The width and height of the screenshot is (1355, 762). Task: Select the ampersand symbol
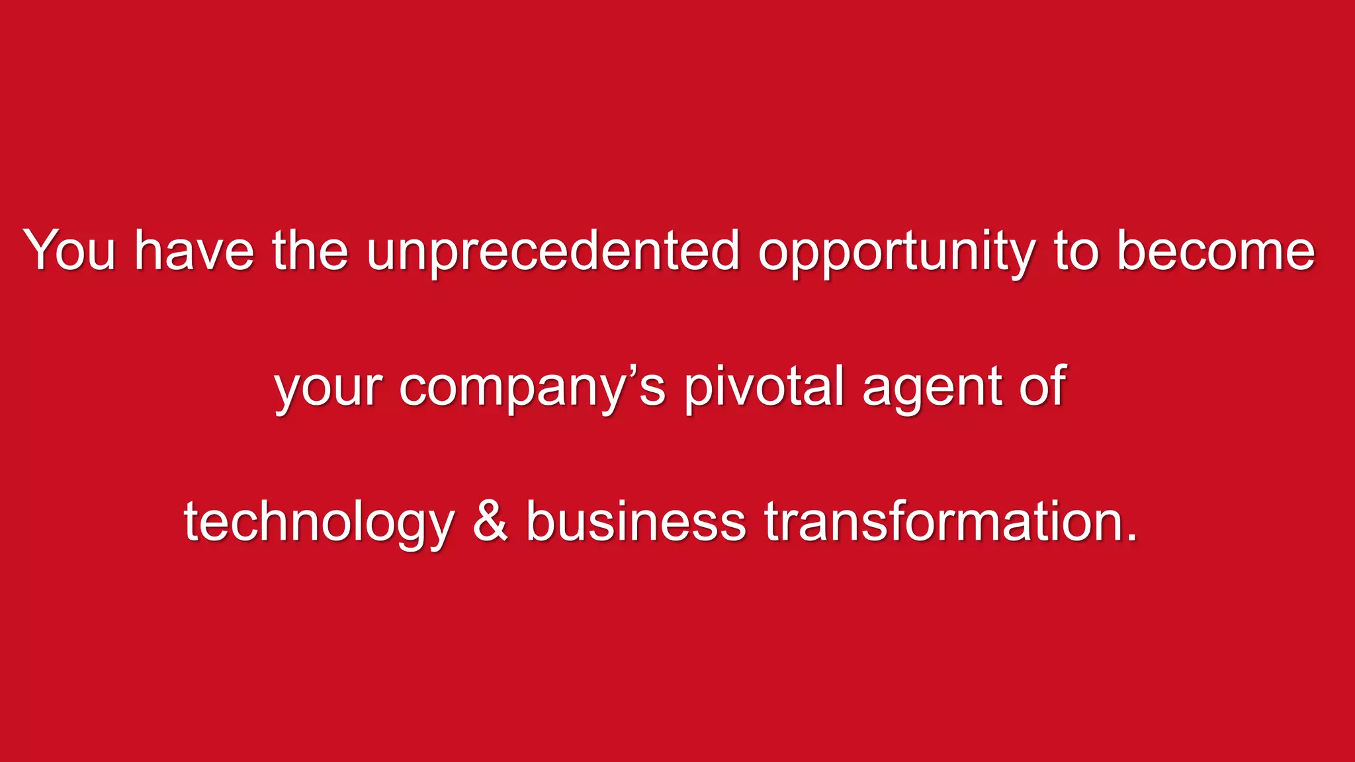[490, 521]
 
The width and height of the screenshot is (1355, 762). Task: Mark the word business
[636, 521]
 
